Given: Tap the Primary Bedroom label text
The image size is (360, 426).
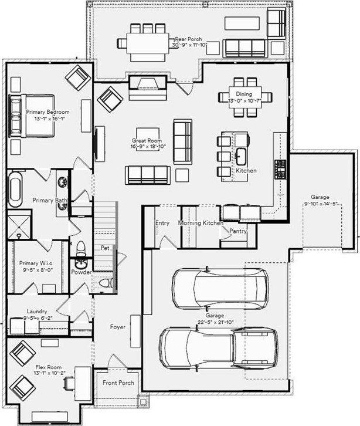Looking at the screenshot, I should tap(48, 111).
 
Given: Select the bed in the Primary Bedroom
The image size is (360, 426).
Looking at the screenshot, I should tap(32, 116).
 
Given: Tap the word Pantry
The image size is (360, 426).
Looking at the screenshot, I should tap(237, 231).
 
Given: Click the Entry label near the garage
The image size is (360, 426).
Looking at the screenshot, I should tap(162, 223).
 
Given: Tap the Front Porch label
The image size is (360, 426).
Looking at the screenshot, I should tap(118, 383).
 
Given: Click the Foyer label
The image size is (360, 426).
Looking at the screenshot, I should tap(118, 327).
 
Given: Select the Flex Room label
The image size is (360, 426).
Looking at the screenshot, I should tap(48, 367).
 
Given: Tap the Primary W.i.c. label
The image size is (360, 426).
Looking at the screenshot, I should tap(36, 263).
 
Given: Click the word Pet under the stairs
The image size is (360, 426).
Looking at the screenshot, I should tap(105, 248).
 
